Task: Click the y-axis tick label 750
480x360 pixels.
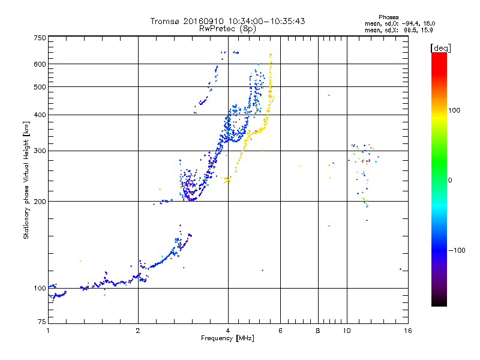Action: click(40, 37)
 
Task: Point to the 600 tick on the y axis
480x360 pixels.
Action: click(40, 64)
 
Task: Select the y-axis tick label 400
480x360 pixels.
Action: click(40, 115)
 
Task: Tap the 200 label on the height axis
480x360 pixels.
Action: click(40, 201)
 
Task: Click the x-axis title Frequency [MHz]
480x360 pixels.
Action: click(228, 338)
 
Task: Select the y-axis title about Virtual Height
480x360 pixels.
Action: click(26, 180)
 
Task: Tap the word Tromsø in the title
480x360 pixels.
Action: click(164, 21)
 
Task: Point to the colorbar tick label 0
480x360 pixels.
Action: click(451, 180)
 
